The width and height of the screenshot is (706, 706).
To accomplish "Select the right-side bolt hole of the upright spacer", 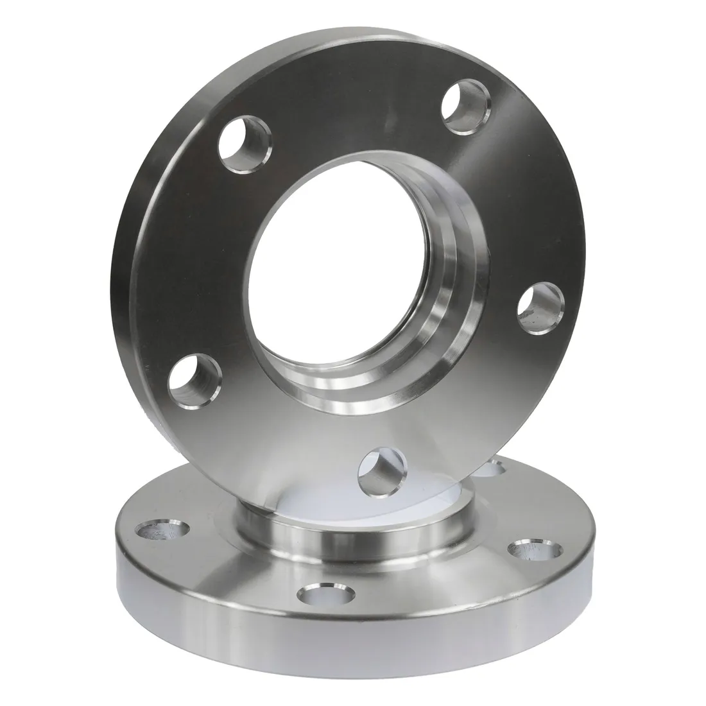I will pyautogui.click(x=540, y=310).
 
